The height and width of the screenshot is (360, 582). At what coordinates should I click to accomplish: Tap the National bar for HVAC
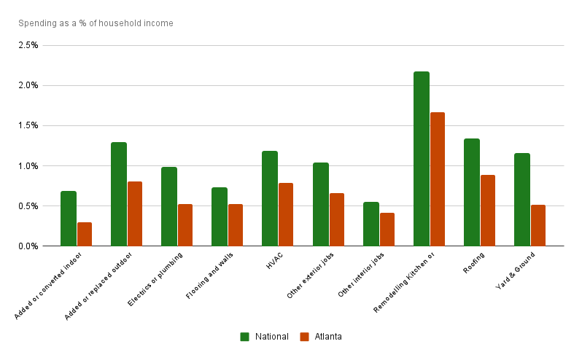click(270, 198)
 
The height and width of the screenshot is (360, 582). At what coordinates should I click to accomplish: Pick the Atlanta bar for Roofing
click(488, 211)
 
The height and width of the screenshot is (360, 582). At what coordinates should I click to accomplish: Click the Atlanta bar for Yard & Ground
click(538, 225)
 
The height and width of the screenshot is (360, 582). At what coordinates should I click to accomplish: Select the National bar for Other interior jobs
click(370, 224)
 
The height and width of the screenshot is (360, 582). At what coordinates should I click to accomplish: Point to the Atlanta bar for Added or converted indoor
click(85, 234)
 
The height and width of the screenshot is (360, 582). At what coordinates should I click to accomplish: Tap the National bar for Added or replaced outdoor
click(119, 194)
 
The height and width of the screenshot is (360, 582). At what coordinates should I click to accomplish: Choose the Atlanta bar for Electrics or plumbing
click(185, 225)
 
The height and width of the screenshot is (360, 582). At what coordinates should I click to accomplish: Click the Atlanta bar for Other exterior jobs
click(337, 219)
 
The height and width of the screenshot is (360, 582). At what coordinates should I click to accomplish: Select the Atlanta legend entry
click(321, 337)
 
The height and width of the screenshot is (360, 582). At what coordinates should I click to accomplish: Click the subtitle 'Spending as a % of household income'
click(96, 23)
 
